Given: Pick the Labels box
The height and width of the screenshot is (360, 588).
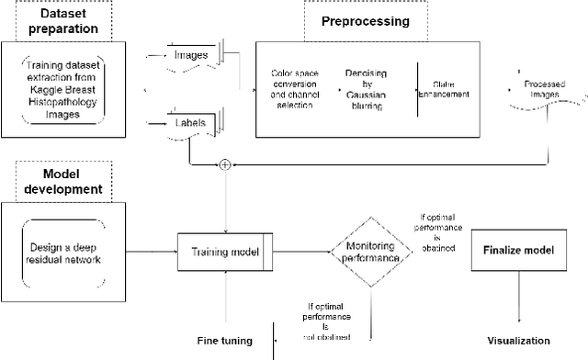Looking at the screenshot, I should pyautogui.click(x=190, y=121).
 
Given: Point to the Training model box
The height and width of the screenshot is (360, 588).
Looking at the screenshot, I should pyautogui.click(x=225, y=252).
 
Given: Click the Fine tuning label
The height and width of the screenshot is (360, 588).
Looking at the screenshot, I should pyautogui.click(x=226, y=341).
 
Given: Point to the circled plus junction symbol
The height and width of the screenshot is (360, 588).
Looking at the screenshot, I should pyautogui.click(x=224, y=165).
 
